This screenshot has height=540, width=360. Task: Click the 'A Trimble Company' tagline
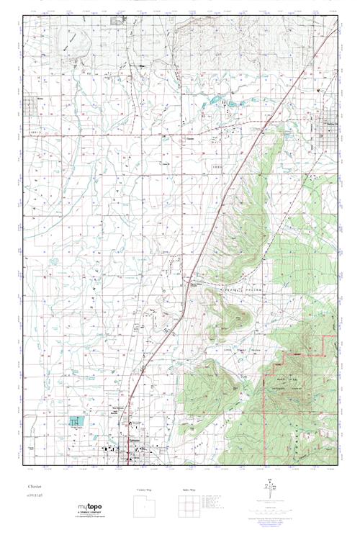coord(93,513)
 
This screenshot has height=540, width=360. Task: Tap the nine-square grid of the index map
coord(190,506)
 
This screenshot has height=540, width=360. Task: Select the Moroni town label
coord(31,101)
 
